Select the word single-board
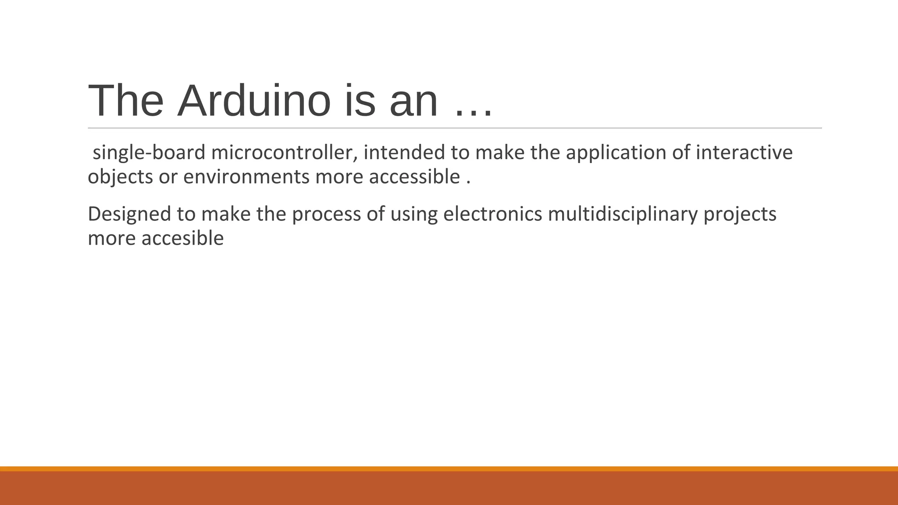[149, 153]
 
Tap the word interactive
[744, 153]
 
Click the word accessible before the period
[414, 177]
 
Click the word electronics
[492, 214]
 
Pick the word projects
[740, 214]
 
